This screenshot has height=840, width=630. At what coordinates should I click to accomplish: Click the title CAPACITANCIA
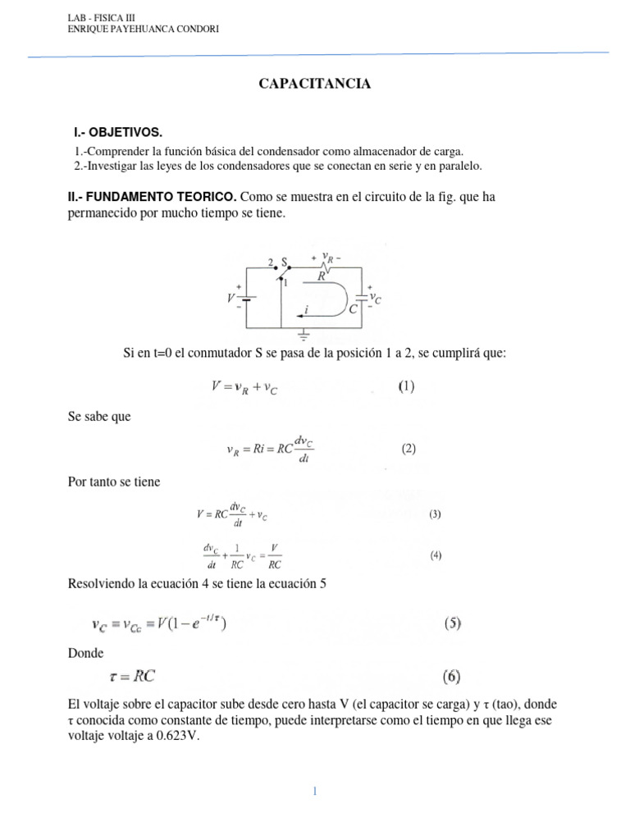coord(315,84)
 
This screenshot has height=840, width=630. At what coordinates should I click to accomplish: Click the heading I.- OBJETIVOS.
coord(118,132)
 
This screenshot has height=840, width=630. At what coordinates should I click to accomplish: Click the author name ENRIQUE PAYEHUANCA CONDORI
coord(142,30)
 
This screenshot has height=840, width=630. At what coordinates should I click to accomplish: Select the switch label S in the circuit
coord(285,262)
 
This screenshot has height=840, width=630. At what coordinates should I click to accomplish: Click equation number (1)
coord(407,386)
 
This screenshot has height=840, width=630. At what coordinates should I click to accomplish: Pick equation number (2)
coord(409,449)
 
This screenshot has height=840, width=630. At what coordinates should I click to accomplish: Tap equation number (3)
coord(435,514)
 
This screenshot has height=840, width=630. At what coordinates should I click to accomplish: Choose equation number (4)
coord(436,555)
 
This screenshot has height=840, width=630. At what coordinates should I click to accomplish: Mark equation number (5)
coord(452,623)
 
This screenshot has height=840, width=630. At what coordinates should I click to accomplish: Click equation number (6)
coord(452,678)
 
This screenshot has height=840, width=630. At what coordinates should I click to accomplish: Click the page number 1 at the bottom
coord(314,791)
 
